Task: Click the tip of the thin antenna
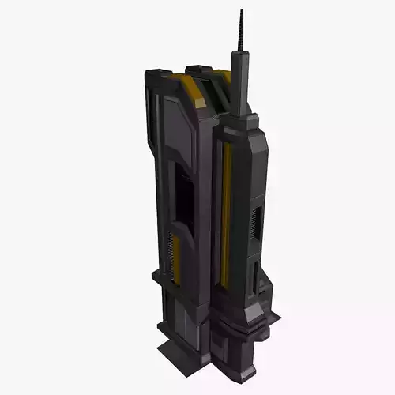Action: coord(242,10)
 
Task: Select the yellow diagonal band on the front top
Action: coord(192,91)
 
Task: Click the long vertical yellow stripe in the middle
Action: coord(227,213)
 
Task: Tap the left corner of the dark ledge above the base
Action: coord(156,275)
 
